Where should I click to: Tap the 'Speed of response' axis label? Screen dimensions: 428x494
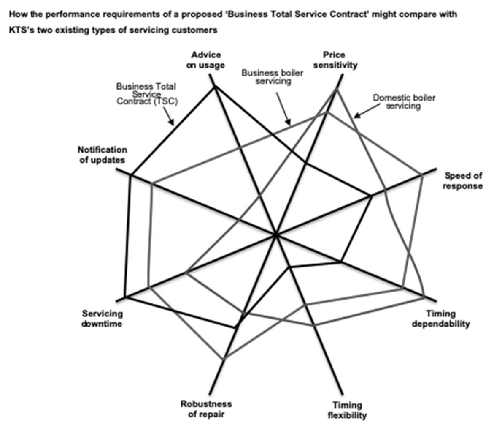[463, 181]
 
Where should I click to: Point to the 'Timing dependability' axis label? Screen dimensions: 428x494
[440, 319]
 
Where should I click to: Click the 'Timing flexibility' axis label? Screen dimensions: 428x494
[347, 410]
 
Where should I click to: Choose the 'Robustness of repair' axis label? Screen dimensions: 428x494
[206, 409]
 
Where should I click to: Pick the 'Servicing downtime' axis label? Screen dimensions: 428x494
[102, 319]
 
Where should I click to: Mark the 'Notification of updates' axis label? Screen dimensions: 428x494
[102, 155]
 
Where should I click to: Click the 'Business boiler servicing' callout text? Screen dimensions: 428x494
[272, 77]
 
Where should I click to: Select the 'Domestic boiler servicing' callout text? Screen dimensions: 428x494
[404, 102]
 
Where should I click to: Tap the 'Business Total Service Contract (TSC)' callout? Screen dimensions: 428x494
[146, 94]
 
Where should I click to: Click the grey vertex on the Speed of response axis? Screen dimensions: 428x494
[421, 174]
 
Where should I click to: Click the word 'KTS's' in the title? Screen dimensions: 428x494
[20, 30]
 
